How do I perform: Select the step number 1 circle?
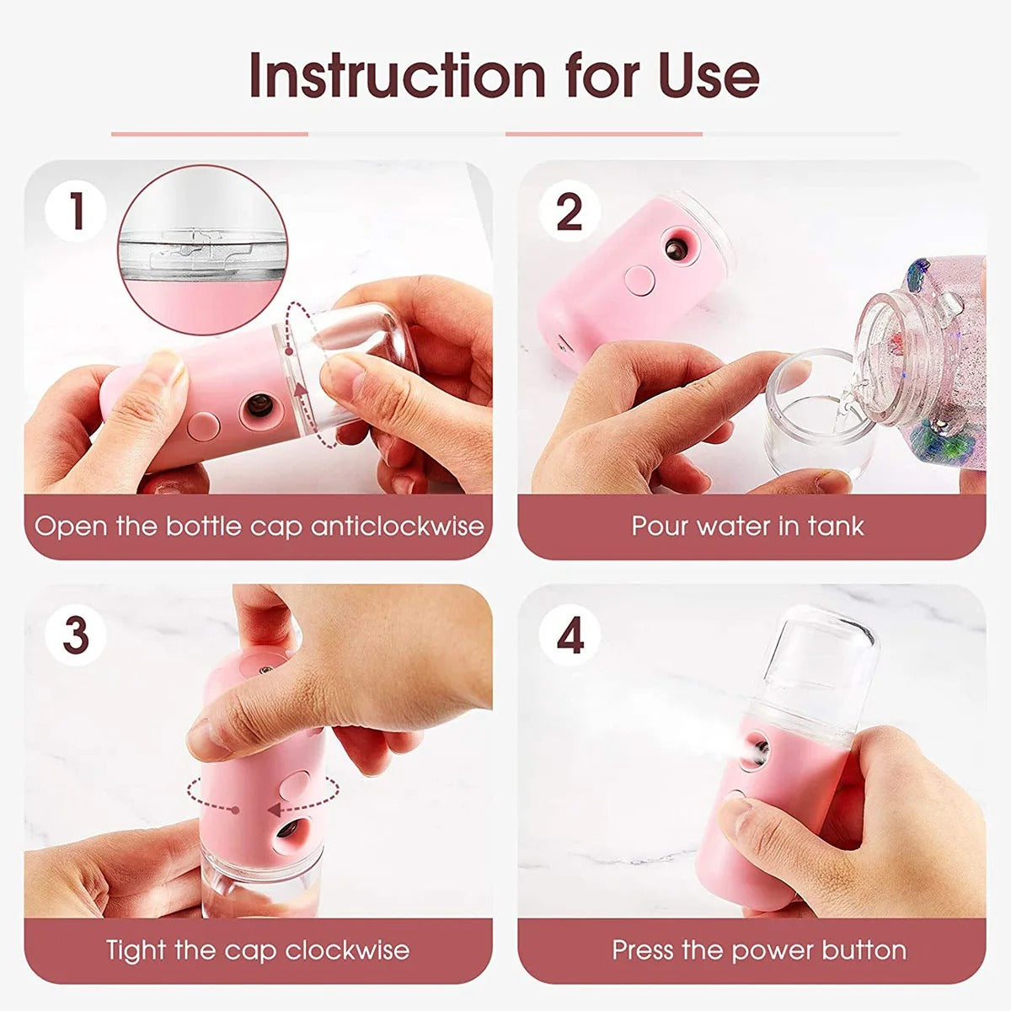[x=76, y=211]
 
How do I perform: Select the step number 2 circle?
[x=570, y=211]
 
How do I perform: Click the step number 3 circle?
[x=76, y=634]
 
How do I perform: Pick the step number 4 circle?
[x=570, y=634]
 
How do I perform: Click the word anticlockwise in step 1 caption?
[x=398, y=527]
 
